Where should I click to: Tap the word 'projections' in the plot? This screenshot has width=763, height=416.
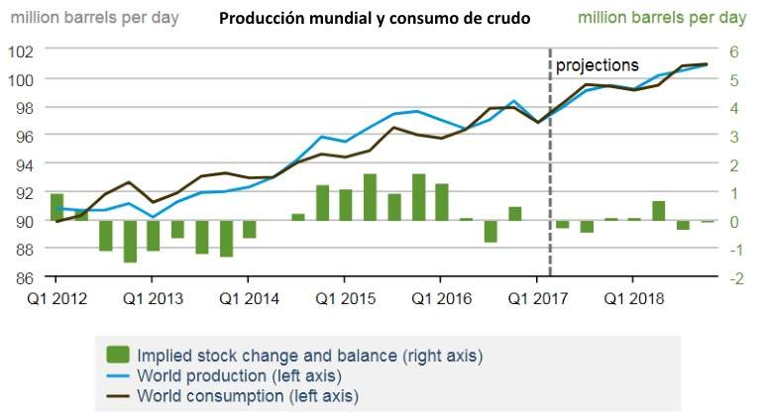(598, 65)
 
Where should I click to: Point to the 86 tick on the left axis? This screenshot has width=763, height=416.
(25, 277)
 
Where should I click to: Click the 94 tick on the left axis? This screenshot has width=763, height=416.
(25, 163)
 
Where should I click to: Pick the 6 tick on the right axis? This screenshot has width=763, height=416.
(736, 51)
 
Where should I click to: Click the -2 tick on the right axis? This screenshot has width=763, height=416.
(734, 278)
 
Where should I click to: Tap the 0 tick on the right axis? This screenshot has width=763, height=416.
(736, 221)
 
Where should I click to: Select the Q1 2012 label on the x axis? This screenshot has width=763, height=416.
(55, 298)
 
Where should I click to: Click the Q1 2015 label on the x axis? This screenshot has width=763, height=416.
(344, 298)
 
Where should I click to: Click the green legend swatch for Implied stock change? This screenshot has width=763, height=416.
(118, 355)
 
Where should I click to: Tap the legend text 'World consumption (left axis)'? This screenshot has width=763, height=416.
(248, 396)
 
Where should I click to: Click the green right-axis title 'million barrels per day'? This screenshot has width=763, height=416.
(662, 19)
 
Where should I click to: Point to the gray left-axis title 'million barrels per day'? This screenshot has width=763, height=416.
(94, 19)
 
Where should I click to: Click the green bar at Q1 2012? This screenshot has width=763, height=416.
(56, 207)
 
